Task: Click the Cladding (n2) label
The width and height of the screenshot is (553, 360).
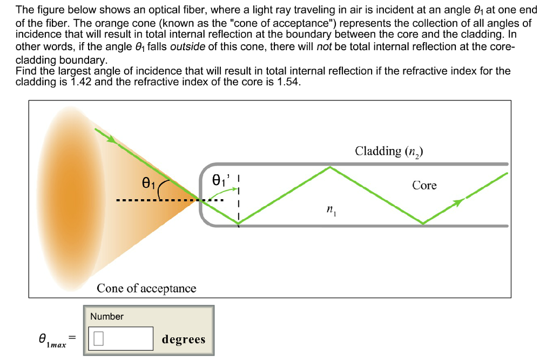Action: coord(389,151)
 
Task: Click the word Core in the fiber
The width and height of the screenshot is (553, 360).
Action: coord(424,185)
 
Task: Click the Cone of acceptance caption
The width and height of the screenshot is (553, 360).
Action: coord(146,288)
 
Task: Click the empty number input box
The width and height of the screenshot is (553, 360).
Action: coord(122,338)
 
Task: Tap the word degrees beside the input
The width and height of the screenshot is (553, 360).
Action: coord(184,339)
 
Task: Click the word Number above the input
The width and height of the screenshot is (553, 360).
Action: coord(107,316)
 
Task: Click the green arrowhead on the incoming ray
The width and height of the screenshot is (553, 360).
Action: coord(111,139)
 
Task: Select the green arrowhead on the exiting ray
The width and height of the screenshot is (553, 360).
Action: coord(458,202)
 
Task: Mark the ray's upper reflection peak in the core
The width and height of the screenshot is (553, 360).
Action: coord(330,167)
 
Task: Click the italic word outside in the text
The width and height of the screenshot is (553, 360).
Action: coord(187,47)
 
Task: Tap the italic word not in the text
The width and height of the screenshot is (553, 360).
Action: coord(324,47)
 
